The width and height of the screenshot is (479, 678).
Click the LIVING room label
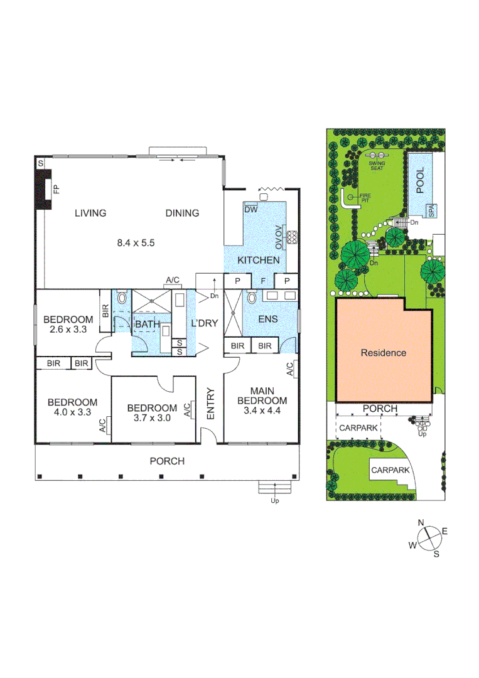[90, 213]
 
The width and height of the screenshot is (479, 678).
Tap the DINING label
[182, 213]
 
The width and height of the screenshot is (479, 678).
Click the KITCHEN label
[259, 259]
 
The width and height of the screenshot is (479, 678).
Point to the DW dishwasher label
[250, 210]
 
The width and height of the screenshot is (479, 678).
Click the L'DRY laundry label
[203, 323]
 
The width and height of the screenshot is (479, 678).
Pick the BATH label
[146, 323]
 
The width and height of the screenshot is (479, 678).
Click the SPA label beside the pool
[431, 211]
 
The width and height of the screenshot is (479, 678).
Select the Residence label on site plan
[383, 353]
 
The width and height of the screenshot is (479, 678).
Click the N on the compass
[422, 523]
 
